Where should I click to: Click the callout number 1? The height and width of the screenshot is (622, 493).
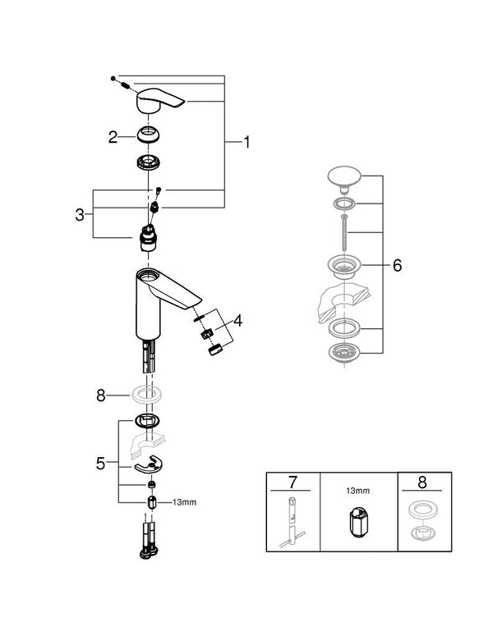click(245, 142)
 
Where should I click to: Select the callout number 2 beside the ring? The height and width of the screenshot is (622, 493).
click(114, 137)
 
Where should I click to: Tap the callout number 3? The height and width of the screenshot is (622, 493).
click(79, 214)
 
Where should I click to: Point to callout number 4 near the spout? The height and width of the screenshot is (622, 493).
click(237, 321)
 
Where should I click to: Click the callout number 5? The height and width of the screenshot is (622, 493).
click(100, 463)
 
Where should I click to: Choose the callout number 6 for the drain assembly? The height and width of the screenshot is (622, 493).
click(397, 266)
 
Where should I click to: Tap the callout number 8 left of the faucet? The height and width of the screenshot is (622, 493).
click(101, 395)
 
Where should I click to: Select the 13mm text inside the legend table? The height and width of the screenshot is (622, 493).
click(358, 490)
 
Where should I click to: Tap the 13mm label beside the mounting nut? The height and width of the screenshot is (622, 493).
click(184, 502)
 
